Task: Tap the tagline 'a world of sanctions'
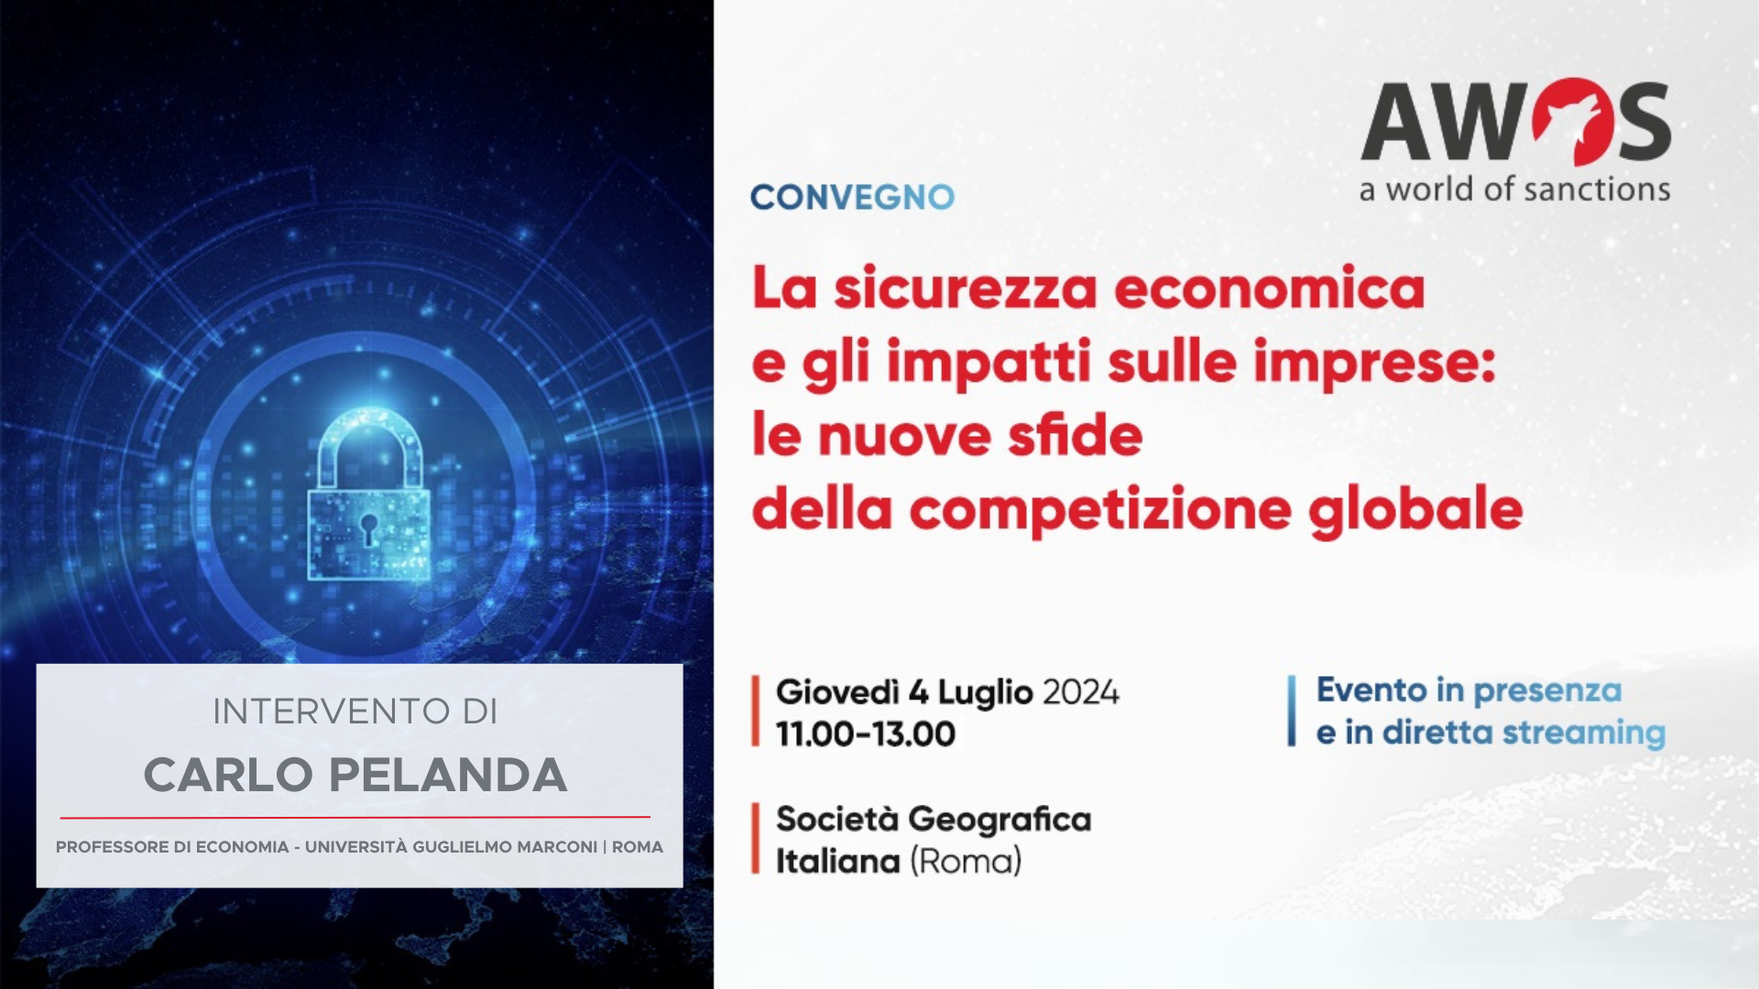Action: coord(1515,190)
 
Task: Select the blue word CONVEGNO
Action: coord(852,197)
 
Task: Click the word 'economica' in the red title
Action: coord(1269,288)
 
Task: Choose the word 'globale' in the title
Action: coord(1415,511)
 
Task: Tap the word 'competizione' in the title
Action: coord(1100,511)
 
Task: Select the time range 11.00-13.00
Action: coord(866,734)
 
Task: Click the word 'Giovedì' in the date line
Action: coord(837,691)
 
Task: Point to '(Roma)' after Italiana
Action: coord(966,862)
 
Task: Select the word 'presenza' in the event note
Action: coord(1547,692)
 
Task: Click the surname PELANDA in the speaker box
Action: coord(448,776)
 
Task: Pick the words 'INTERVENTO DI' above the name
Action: coord(355,712)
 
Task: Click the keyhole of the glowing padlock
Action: coord(368,528)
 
